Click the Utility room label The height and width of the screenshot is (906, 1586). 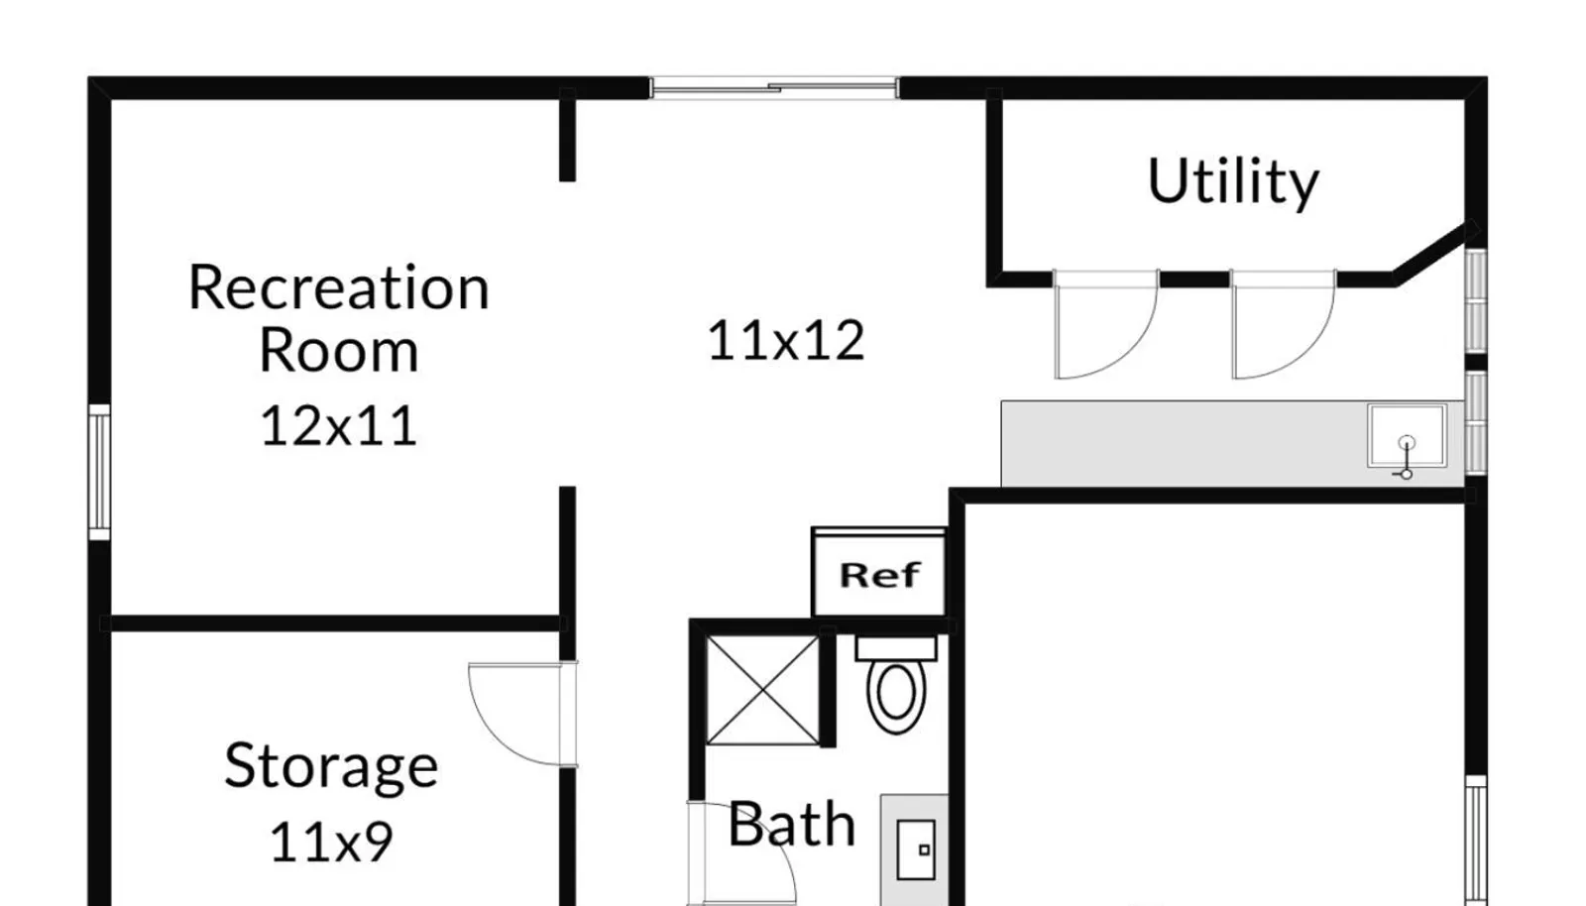1233,182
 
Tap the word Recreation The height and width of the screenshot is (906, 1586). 339,287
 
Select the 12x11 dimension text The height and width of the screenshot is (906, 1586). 339,425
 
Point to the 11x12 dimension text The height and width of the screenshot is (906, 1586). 786,340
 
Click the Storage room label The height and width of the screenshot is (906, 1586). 331,766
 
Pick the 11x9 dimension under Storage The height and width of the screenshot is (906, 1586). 331,842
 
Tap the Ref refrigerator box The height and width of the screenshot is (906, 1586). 879,573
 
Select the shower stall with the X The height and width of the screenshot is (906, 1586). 762,690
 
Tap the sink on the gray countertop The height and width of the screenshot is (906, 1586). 1407,437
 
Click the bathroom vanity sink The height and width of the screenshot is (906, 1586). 916,849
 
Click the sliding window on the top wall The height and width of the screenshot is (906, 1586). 774,88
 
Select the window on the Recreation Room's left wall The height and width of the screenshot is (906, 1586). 99,472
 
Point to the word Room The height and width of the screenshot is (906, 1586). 339,350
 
